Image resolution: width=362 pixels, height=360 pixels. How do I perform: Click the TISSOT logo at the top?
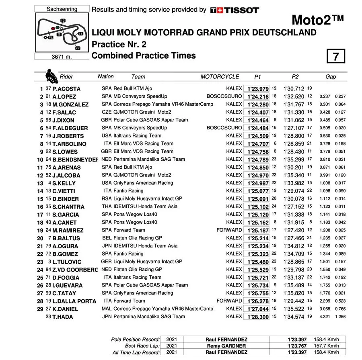click(x=234, y=10)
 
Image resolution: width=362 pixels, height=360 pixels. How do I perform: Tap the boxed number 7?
click(x=336, y=56)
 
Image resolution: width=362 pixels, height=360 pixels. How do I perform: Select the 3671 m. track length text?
click(x=62, y=57)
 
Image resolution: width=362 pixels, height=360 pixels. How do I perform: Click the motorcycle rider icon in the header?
click(x=51, y=76)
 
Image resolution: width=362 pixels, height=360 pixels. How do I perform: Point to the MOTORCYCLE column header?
click(x=220, y=77)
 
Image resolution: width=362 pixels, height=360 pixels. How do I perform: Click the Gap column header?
click(x=331, y=77)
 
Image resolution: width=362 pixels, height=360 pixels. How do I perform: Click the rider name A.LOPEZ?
click(x=64, y=97)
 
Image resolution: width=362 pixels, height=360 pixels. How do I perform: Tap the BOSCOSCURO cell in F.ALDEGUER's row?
click(x=224, y=128)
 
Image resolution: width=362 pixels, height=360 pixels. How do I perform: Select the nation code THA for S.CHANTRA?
click(x=107, y=207)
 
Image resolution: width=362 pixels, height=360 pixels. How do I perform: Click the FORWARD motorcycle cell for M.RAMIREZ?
click(x=229, y=230)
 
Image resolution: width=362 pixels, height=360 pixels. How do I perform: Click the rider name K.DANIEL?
click(x=65, y=309)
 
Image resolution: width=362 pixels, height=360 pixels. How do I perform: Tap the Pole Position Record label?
click(x=135, y=340)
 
